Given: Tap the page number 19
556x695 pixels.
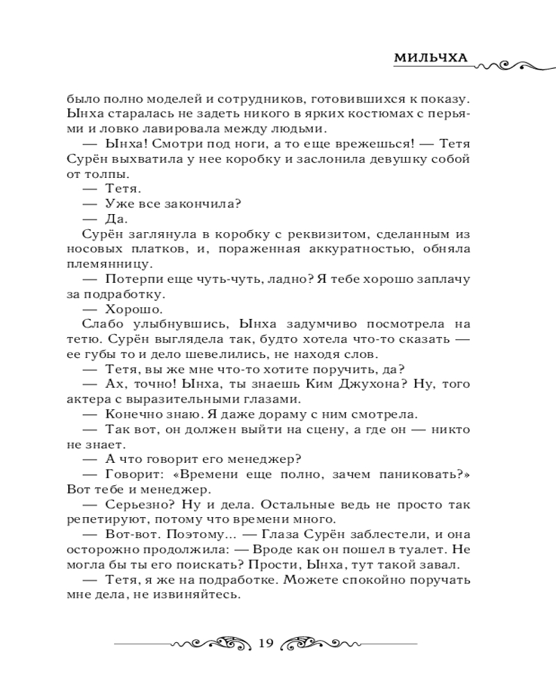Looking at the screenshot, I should pyautogui.click(x=266, y=642).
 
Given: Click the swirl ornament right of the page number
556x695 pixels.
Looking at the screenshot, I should pyautogui.click(x=322, y=642).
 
